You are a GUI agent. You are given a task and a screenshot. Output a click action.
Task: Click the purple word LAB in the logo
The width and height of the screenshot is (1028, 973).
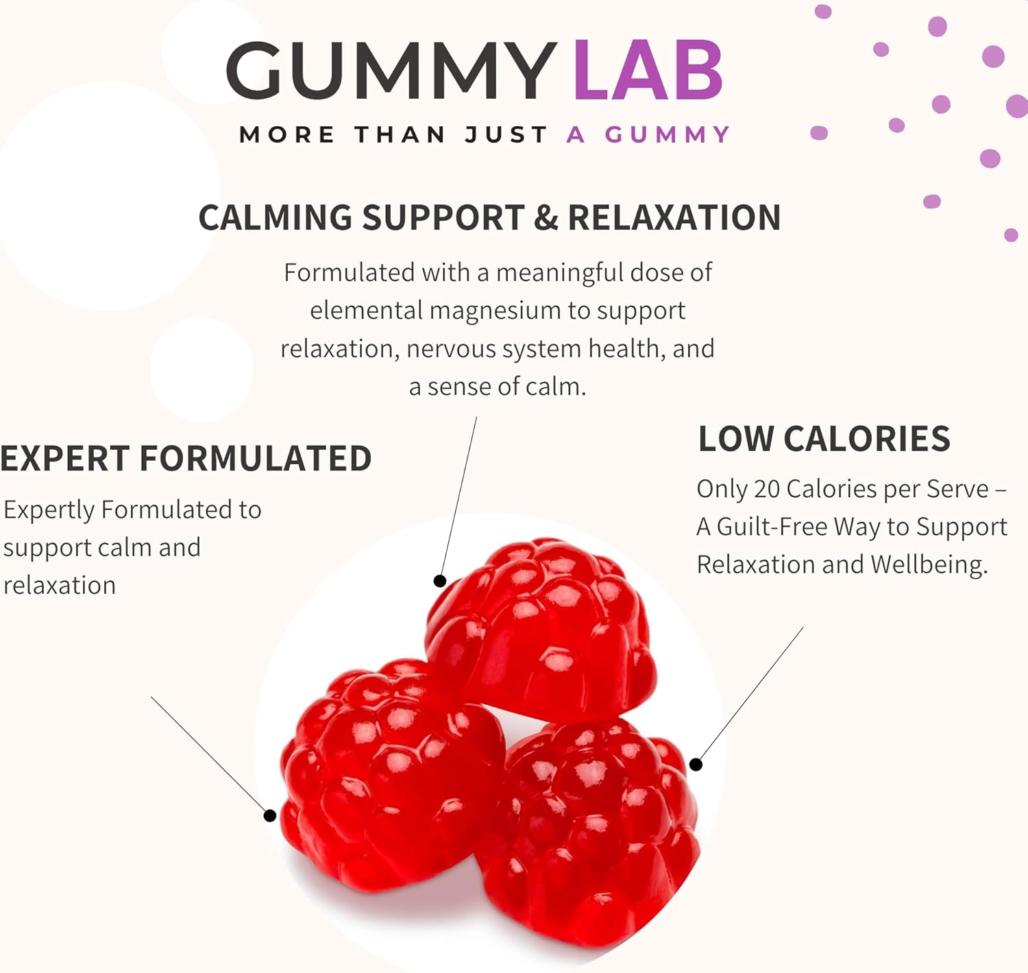coord(648,71)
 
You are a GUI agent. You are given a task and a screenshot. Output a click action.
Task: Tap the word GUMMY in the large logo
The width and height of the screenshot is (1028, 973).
coord(391,71)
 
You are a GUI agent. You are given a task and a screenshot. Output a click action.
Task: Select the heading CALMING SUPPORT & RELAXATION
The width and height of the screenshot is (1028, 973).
coord(489,218)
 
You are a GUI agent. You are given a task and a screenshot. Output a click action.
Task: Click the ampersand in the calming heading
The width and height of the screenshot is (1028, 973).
coord(546,218)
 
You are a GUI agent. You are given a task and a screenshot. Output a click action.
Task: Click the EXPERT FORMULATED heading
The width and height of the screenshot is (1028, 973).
coord(186,459)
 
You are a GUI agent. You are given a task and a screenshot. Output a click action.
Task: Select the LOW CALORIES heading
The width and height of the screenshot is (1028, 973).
coord(824,439)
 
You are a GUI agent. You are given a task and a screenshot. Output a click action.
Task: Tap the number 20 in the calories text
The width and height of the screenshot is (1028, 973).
coord(767,489)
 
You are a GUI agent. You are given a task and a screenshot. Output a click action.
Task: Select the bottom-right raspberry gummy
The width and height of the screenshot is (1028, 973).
coord(596,830)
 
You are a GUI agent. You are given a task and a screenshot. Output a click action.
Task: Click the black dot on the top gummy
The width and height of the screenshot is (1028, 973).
coord(440,581)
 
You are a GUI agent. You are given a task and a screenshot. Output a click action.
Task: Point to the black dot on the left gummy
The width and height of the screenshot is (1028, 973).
coord(270,815)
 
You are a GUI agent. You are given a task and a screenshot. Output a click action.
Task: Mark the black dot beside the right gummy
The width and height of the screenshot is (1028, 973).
coord(696,764)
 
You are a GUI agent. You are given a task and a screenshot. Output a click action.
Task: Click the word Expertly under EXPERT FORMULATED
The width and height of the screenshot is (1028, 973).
coord(49,510)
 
